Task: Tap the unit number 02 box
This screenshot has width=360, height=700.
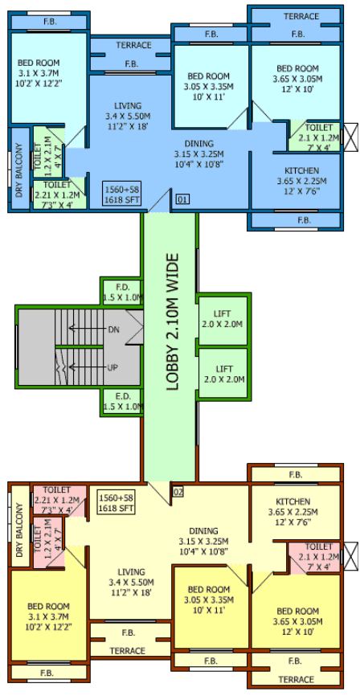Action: pos(178,491)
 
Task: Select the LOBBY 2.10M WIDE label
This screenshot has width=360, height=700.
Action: pos(172,321)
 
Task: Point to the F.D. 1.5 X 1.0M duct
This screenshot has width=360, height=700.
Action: pos(123,291)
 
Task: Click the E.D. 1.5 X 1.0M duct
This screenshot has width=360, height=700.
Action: pos(123,401)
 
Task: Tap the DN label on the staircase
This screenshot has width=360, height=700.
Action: pos(112,329)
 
